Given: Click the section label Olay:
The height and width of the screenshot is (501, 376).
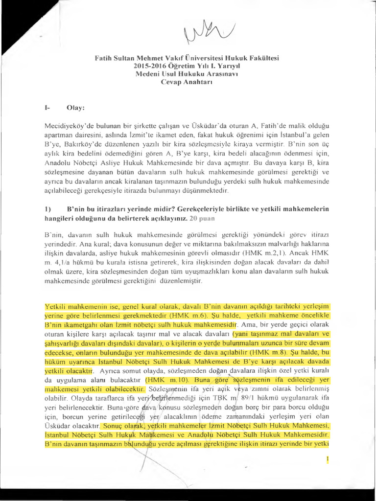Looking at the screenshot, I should pyautogui.click(x=76, y=107).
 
